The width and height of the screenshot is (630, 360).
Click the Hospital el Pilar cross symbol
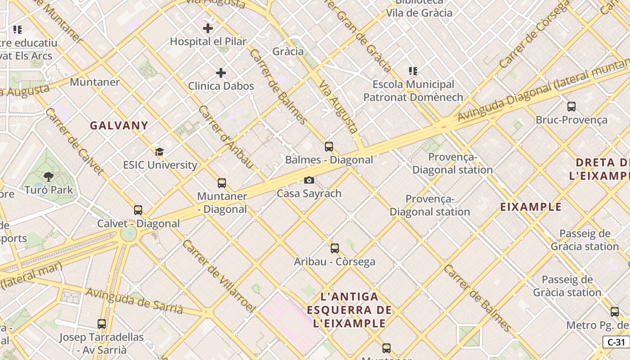click(207, 29)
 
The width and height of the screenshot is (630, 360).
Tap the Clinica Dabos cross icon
click(221, 73)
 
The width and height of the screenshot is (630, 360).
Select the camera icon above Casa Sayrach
click(309, 180)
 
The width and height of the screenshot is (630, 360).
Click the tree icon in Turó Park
click(49, 177)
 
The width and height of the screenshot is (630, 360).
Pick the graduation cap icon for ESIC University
click(159, 152)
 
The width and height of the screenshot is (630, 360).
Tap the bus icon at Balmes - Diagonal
click(329, 147)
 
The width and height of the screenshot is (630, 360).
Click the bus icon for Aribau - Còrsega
click(335, 248)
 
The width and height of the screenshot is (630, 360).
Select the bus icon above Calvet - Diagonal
click(138, 210)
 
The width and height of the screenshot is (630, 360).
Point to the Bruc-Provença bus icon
click(571, 107)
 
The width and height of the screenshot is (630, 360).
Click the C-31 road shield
click(616, 342)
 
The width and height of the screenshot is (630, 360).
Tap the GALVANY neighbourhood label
click(119, 126)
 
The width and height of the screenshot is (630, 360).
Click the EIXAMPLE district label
click(531, 207)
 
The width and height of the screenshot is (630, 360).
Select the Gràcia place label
click(288, 51)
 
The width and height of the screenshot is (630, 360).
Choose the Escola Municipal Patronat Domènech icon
click(413, 71)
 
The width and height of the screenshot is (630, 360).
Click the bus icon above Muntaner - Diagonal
click(222, 183)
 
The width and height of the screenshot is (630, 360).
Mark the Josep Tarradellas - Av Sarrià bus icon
click(102, 324)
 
